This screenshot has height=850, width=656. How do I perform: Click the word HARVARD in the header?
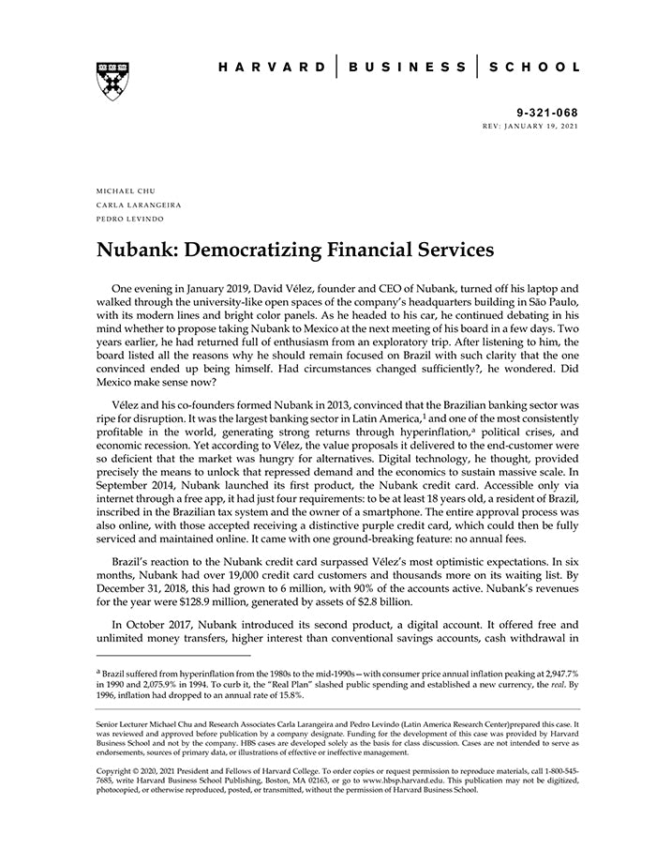coord(272,68)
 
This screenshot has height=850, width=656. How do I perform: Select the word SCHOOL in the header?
coord(537,68)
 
